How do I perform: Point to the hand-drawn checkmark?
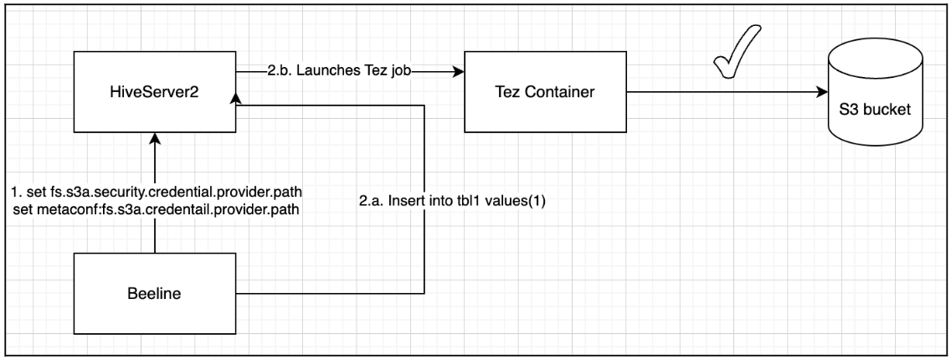[x=735, y=54]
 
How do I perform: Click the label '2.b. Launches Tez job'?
[x=340, y=71]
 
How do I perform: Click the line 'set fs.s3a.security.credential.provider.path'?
[x=157, y=192]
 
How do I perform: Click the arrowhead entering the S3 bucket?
[x=822, y=92]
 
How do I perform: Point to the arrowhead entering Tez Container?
[x=459, y=71]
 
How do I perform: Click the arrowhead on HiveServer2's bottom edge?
[x=155, y=138]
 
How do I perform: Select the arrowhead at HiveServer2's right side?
[x=234, y=99]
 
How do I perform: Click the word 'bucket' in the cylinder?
[x=888, y=111]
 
